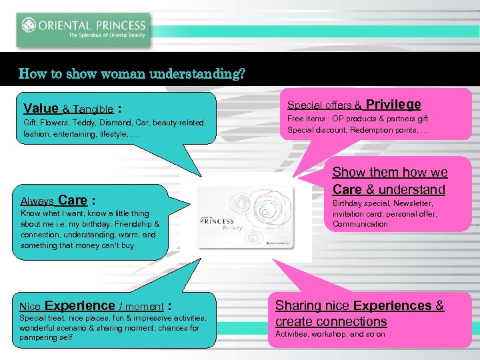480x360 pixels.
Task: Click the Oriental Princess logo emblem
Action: click(x=29, y=25)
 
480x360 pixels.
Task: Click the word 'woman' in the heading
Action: click(x=116, y=73)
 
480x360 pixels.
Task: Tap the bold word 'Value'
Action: click(x=41, y=108)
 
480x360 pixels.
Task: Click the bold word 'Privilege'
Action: click(x=393, y=104)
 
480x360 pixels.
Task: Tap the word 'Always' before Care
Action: click(x=37, y=201)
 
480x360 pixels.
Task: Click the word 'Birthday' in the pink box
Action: click(x=350, y=203)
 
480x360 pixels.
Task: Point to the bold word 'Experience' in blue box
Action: click(x=79, y=306)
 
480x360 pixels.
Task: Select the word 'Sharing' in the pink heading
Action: click(x=298, y=306)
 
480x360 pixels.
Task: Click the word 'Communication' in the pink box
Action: click(x=360, y=224)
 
